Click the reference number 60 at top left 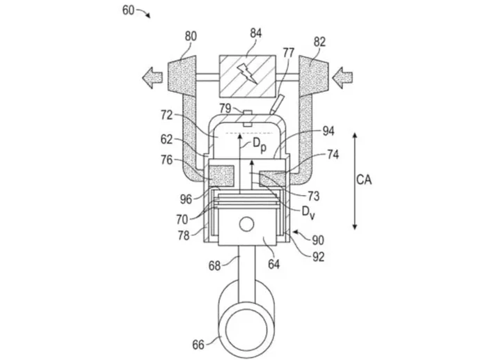128,10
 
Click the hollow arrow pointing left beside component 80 152,77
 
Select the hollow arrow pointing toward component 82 342,77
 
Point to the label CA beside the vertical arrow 364,180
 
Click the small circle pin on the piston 246,224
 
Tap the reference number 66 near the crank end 198,345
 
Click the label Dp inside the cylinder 260,145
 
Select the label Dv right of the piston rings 308,212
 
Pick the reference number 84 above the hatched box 255,33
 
